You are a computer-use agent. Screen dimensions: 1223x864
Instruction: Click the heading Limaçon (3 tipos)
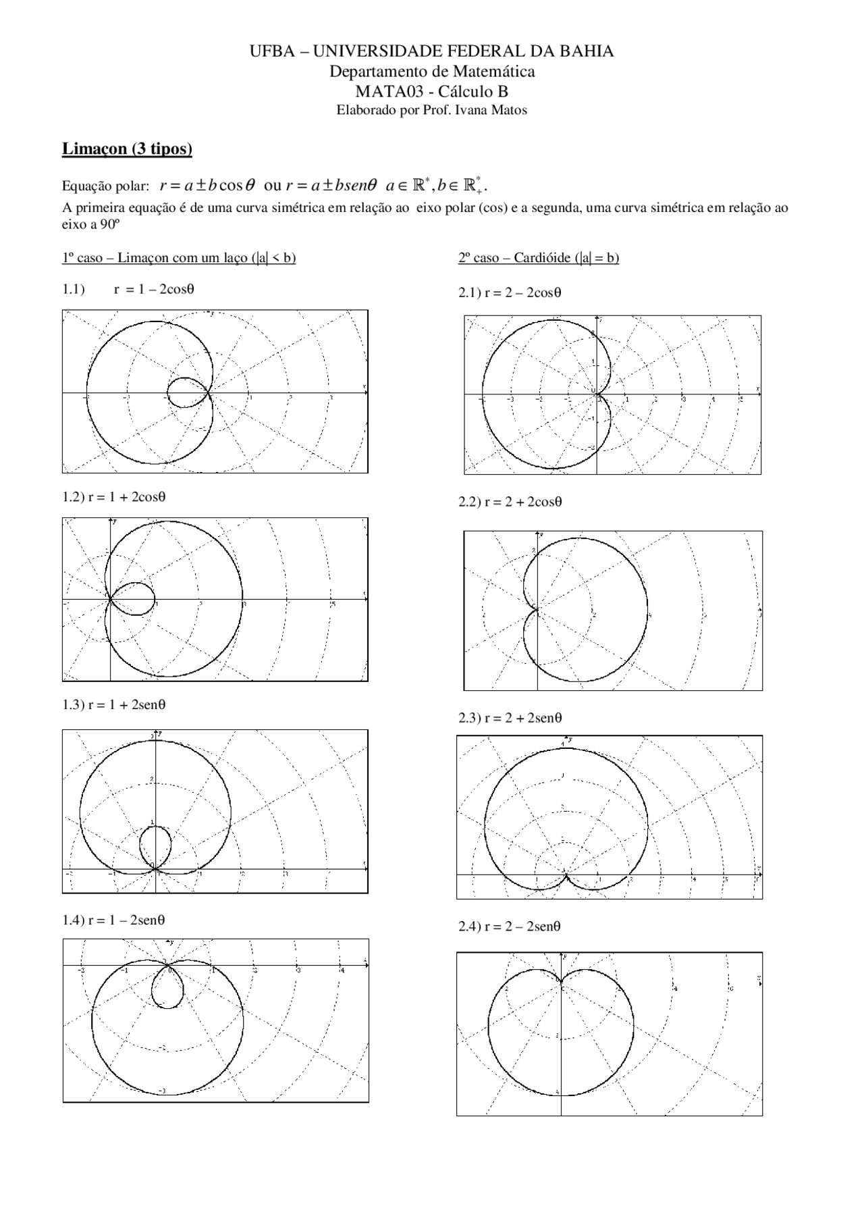(127, 149)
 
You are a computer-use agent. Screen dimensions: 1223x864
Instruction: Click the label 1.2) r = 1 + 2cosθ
(114, 497)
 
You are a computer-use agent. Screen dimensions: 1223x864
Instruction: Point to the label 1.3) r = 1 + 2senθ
(114, 705)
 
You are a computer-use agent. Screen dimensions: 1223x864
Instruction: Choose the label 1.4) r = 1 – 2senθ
(114, 920)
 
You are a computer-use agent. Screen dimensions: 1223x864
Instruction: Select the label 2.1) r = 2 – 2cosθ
(510, 292)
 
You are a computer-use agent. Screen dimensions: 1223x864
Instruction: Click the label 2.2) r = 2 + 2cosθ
(510, 502)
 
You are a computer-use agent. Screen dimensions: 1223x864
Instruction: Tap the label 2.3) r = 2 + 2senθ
(510, 718)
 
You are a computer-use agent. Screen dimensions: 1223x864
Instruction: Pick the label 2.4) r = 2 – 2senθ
(510, 927)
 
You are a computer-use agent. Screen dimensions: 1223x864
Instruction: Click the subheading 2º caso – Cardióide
(538, 258)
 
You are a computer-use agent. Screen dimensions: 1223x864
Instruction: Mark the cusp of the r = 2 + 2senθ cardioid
(566, 876)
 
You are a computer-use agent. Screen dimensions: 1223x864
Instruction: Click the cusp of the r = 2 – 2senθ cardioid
(561, 981)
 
